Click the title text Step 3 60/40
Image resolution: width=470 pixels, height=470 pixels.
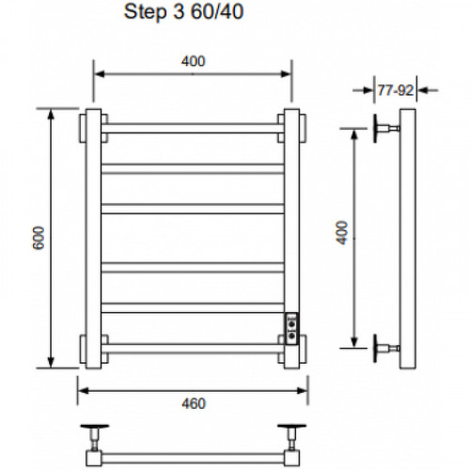[183, 12]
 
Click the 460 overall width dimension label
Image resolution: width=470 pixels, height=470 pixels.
[194, 403]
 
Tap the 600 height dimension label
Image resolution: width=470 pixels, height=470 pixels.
[39, 238]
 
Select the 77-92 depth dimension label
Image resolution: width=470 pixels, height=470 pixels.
[396, 90]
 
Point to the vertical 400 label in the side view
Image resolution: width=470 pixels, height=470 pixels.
[342, 233]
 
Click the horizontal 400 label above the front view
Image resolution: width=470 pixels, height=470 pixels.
[193, 61]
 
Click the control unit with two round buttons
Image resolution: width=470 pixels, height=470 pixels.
[291, 328]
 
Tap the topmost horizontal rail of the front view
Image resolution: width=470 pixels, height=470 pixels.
[193, 128]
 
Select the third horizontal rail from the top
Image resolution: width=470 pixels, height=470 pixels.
[193, 209]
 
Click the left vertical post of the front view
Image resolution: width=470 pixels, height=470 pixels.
[93, 239]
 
